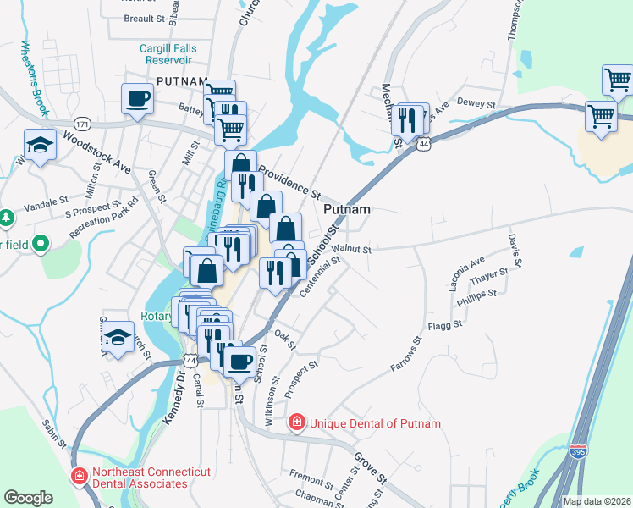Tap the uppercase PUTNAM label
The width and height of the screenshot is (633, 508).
(x=181, y=81)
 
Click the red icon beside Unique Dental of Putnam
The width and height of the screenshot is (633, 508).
(x=296, y=422)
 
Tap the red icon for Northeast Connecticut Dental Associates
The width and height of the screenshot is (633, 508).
(x=79, y=477)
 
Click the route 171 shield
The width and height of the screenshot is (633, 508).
(x=82, y=123)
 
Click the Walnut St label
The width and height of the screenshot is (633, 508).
(x=351, y=250)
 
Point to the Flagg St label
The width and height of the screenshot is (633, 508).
(x=445, y=324)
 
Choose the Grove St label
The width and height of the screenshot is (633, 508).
(x=370, y=467)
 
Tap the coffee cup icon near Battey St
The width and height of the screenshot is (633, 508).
(x=138, y=99)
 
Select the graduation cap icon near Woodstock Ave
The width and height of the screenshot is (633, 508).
(x=40, y=146)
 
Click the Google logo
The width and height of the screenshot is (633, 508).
(x=29, y=497)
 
